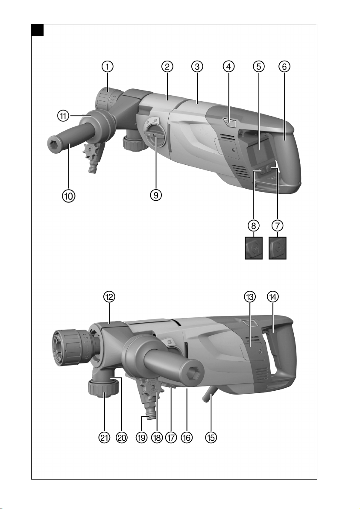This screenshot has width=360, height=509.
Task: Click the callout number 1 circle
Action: click(107, 67)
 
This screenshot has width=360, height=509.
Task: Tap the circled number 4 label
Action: click(228, 67)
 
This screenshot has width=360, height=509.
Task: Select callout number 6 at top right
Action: click(284, 67)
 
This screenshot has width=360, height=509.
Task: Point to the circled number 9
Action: click(156, 195)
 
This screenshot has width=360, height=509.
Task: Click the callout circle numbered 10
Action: click(69, 196)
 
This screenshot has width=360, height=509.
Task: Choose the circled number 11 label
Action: click(63, 116)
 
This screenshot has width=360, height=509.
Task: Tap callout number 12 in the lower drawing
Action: click(109, 297)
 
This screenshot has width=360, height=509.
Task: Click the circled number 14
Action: click(273, 297)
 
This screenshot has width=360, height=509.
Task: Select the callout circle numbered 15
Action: click(211, 437)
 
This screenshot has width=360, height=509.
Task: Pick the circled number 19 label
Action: click(141, 437)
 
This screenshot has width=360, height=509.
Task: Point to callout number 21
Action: click(104, 437)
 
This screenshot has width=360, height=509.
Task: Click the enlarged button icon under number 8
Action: click(254, 248)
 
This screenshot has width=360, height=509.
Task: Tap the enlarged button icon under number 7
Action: click(278, 248)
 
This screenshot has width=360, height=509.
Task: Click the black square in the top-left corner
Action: click(38, 30)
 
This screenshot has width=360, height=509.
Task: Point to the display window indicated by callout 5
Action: click(259, 150)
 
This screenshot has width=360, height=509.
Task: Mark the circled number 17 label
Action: click(171, 437)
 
